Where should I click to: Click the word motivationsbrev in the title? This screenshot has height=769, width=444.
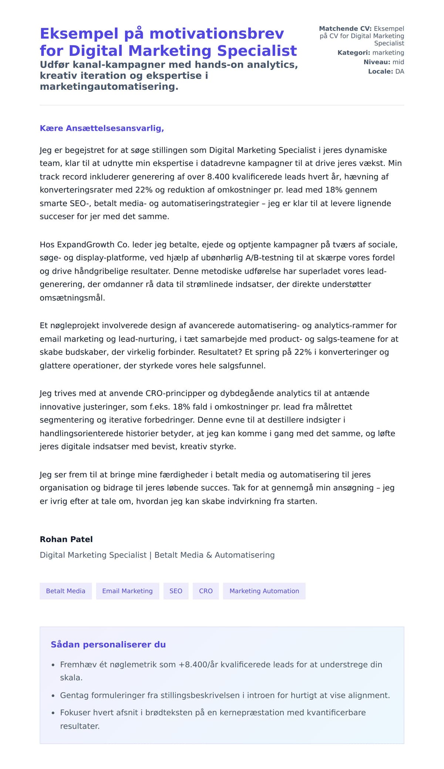pyautogui.click(x=216, y=34)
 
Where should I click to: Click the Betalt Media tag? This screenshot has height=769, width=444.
pyautogui.click(x=65, y=591)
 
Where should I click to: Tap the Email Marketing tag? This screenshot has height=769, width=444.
pyautogui.click(x=127, y=591)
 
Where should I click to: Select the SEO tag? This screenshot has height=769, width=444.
pyautogui.click(x=176, y=591)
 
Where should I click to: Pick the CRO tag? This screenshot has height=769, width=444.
pyautogui.click(x=206, y=591)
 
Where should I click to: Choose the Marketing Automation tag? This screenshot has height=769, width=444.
pyautogui.click(x=264, y=591)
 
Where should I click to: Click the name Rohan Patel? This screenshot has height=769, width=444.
pyautogui.click(x=66, y=539)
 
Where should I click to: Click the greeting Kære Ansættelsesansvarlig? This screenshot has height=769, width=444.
pyautogui.click(x=102, y=128)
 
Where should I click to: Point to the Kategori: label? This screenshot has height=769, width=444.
pyautogui.click(x=353, y=52)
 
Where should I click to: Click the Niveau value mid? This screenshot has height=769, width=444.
pyautogui.click(x=398, y=62)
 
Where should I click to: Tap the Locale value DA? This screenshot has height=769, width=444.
pyautogui.click(x=400, y=71)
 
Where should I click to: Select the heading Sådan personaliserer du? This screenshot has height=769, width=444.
pyautogui.click(x=108, y=644)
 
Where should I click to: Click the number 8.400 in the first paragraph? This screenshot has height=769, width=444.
pyautogui.click(x=218, y=177)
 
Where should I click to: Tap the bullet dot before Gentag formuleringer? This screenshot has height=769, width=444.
pyautogui.click(x=53, y=696)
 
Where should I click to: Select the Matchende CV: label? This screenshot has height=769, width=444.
pyautogui.click(x=345, y=28)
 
